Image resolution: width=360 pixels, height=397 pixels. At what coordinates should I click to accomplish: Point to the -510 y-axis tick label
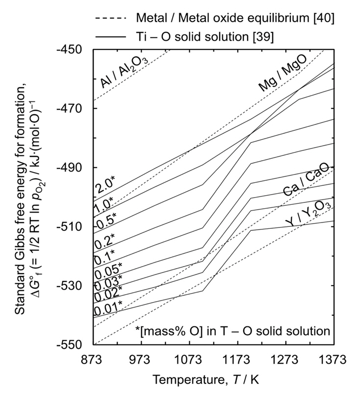tap(72, 226)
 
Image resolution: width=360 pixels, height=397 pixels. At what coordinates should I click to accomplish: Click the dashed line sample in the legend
tap(113, 19)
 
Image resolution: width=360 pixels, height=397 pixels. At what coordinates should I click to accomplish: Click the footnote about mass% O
tap(232, 330)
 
